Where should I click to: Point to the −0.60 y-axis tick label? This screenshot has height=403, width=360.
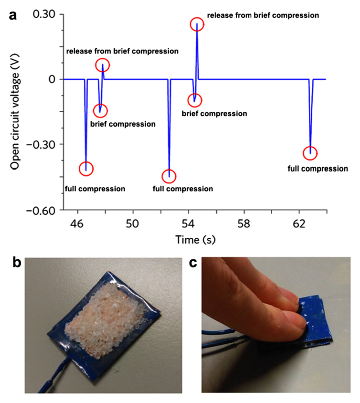(x=41, y=210)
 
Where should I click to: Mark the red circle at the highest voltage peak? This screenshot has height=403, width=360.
(x=197, y=25)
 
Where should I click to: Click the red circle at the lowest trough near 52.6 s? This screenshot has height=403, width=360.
(x=169, y=176)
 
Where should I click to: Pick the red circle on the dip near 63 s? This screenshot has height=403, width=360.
(x=310, y=153)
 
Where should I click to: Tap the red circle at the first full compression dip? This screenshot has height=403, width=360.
(x=86, y=168)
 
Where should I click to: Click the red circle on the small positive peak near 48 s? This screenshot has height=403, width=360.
(x=103, y=66)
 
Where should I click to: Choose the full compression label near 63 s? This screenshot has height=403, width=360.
(x=318, y=169)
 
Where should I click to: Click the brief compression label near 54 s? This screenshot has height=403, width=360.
(x=214, y=114)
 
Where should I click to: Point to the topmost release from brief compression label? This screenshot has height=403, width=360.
(x=263, y=15)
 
